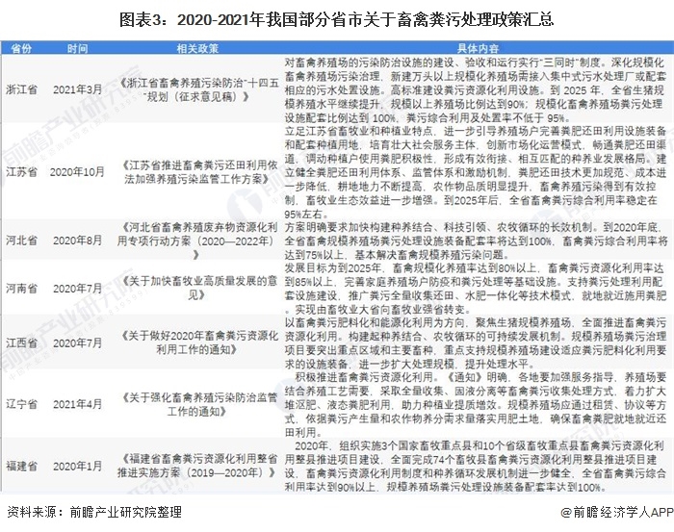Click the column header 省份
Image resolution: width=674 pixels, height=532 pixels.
[x=21, y=47]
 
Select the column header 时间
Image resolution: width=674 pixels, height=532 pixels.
[x=78, y=47]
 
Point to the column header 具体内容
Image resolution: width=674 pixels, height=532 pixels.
[x=477, y=47]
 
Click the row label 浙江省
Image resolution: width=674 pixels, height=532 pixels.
[x=21, y=89]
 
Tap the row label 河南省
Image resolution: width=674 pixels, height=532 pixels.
[x=21, y=315]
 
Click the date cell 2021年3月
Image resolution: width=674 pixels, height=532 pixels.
[x=78, y=89]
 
